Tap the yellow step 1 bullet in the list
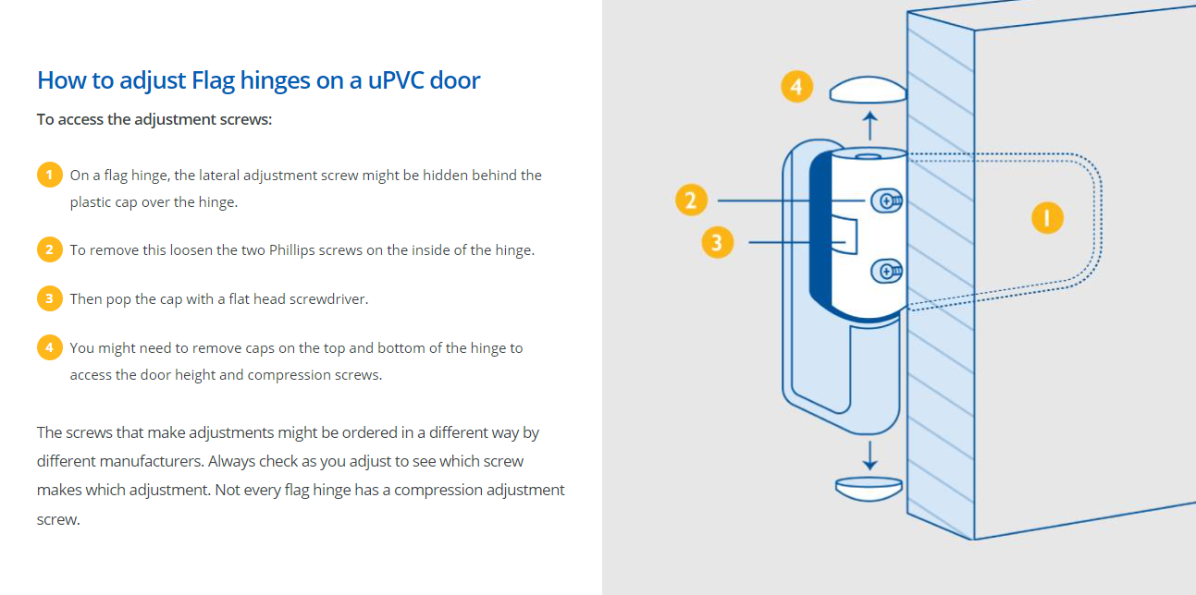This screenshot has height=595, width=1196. coord(50,175)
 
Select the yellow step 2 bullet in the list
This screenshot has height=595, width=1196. coord(50,249)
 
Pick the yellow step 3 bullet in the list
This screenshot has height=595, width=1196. coord(50,298)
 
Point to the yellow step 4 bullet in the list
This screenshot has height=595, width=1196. coord(50,347)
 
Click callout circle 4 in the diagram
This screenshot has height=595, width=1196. coord(796,86)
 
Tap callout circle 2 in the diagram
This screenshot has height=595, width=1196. coord(691,200)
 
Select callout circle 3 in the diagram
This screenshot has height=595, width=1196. coord(717,242)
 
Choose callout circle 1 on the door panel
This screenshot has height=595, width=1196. coord(1047,217)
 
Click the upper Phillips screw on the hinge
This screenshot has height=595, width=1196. coord(886,201)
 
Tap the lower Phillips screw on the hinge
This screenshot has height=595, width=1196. coord(886,272)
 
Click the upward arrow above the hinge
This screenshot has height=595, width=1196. coord(870,126)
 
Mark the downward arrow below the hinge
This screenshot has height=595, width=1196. coord(870,455)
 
